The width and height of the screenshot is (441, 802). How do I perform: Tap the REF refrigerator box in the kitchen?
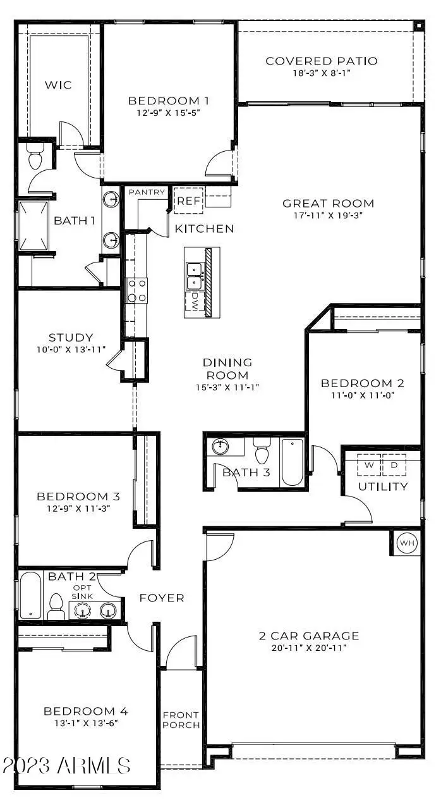188,202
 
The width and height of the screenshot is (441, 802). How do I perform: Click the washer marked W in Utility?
370,465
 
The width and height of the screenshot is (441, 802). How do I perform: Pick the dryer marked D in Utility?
394,465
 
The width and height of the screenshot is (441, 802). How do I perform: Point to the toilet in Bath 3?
262,453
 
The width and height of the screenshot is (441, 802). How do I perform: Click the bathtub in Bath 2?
30,595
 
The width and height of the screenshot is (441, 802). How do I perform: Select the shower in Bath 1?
33,225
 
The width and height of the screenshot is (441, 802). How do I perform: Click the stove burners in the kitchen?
137,291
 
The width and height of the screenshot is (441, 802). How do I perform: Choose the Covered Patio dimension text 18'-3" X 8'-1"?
322,73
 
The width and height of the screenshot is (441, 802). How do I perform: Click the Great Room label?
328,204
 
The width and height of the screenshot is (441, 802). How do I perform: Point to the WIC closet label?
57,85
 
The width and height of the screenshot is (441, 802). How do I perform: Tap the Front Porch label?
181,720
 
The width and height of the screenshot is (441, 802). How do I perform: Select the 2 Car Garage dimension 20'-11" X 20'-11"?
309,648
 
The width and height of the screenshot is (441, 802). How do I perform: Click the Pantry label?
147,192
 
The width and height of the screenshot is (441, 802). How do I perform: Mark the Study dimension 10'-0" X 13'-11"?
70,350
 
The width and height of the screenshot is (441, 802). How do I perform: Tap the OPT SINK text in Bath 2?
82,591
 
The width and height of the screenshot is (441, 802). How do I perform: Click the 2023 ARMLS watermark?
66,765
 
